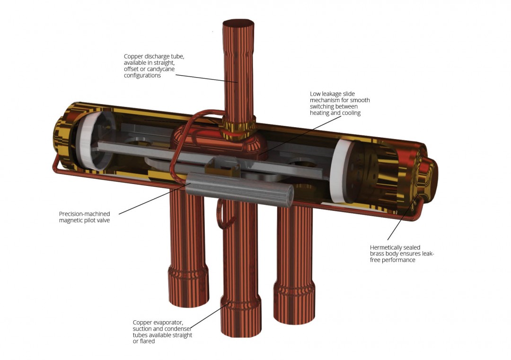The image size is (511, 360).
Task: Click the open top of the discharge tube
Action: pyautogui.click(x=238, y=24)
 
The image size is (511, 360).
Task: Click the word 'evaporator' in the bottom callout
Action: pyautogui.click(x=166, y=323)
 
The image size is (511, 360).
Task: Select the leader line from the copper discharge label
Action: pyautogui.click(x=199, y=77)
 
